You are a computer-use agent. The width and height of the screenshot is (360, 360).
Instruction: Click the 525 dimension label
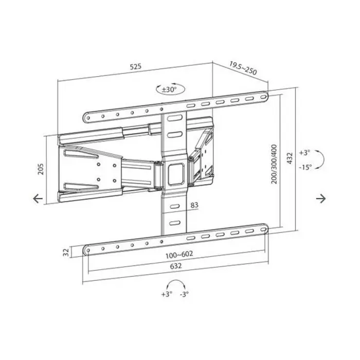(x=135, y=66)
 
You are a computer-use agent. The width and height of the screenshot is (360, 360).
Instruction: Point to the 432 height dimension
(x=290, y=158)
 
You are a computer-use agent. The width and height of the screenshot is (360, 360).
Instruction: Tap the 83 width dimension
(x=194, y=206)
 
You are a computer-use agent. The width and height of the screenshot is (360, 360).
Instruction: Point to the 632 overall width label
(x=175, y=267)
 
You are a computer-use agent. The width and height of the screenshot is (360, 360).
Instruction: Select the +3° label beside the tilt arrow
(x=305, y=153)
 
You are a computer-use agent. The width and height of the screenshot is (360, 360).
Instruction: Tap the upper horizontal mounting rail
(x=175, y=107)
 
